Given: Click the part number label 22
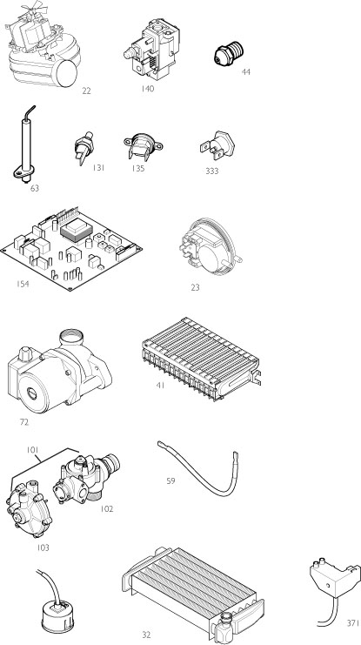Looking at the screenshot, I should point(85,91).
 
